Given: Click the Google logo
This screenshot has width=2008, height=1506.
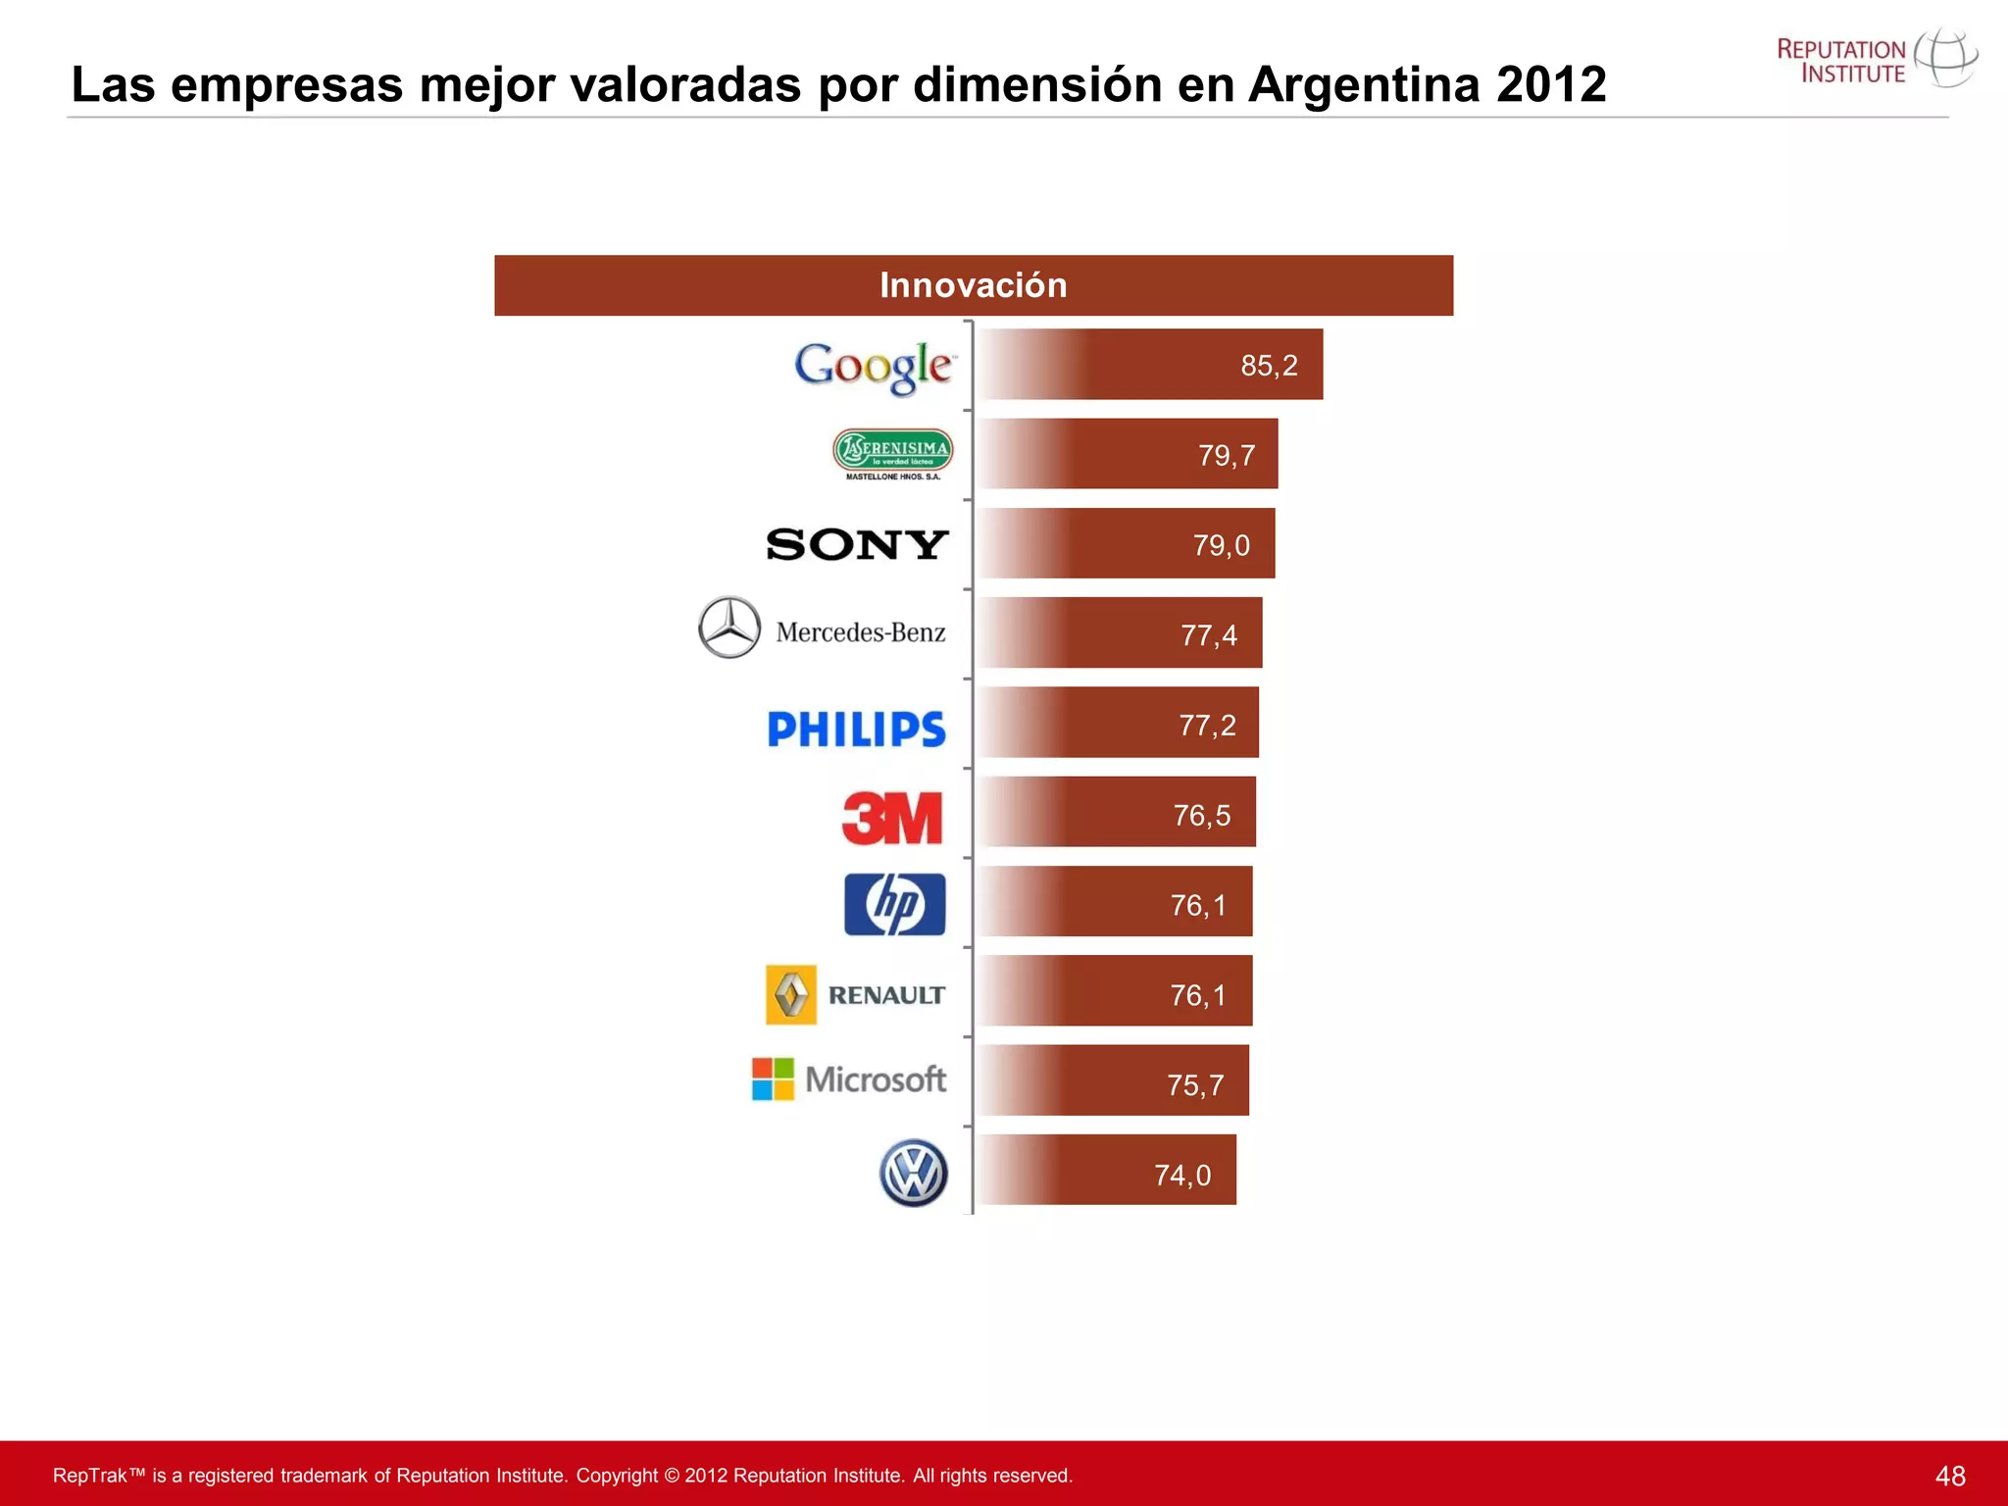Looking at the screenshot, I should [x=873, y=368].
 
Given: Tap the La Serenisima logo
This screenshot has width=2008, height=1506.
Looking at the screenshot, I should [x=892, y=453].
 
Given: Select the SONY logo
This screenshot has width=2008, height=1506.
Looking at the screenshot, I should [x=857, y=544].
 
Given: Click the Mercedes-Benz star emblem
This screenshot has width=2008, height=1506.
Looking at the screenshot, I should [x=729, y=627].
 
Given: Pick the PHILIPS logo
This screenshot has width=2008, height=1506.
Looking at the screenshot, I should [x=856, y=729].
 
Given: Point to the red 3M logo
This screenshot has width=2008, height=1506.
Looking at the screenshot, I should [x=892, y=819].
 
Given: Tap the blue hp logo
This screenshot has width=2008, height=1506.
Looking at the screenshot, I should [x=894, y=904].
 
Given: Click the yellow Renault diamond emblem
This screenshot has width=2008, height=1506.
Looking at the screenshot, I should [x=790, y=995].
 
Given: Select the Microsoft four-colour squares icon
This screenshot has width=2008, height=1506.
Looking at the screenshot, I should [x=773, y=1079].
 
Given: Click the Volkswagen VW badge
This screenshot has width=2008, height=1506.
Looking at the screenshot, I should [x=913, y=1173].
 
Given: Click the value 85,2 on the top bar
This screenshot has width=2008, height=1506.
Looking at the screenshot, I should [x=1269, y=366].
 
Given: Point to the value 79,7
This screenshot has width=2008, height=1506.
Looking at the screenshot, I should [x=1226, y=456].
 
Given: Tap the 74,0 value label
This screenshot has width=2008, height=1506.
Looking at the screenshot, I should [x=1182, y=1175].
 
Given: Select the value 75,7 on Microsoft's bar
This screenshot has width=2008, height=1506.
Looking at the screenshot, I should [x=1195, y=1085].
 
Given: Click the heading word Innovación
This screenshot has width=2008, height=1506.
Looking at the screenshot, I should [x=973, y=285].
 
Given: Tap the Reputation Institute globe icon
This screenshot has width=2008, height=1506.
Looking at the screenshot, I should [x=1945, y=59].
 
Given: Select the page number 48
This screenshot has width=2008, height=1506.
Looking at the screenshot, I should [x=1950, y=1476].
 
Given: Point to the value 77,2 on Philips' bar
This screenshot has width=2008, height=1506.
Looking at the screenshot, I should [x=1207, y=726].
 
